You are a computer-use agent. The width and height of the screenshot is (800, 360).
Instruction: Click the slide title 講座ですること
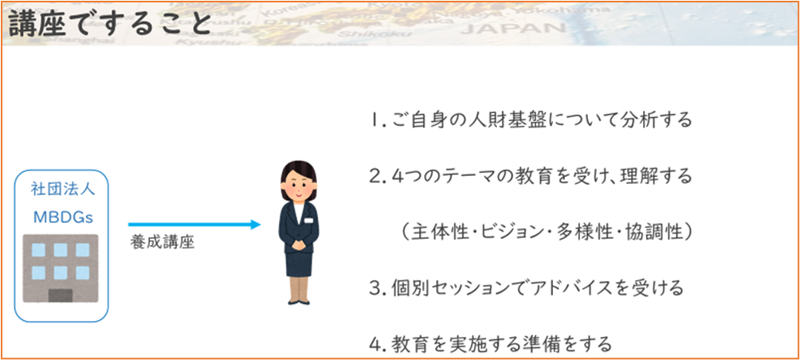pos(109,23)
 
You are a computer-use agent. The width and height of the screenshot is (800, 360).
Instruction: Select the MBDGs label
pos(63,217)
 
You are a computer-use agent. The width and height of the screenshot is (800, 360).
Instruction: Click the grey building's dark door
pos(61,294)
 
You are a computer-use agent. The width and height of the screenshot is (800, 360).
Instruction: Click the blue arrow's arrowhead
pos(256,225)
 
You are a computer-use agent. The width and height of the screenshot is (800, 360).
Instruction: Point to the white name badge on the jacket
pos(308,221)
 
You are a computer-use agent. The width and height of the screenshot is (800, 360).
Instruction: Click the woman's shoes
pos(299,302)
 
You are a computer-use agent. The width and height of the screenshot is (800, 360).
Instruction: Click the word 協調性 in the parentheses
pos(656,232)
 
